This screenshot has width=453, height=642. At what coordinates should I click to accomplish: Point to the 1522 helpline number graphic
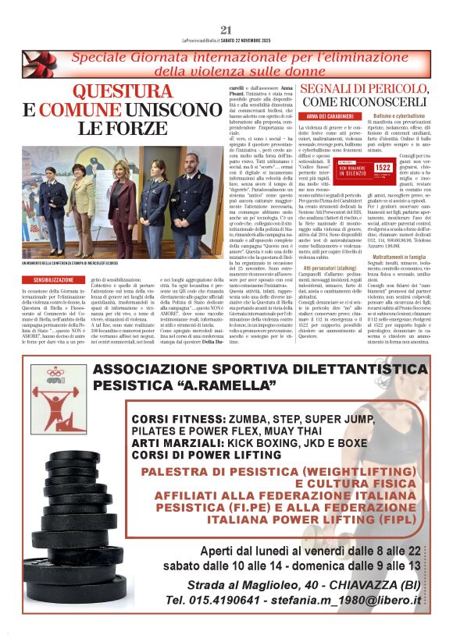point(383,167)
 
